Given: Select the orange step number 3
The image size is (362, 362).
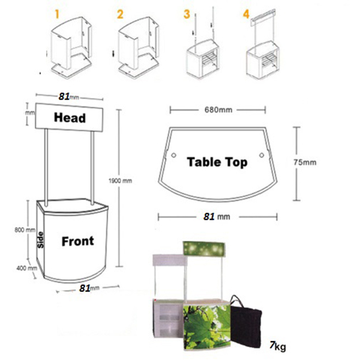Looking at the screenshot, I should [187, 12].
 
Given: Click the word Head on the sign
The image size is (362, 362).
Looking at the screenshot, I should [69, 118].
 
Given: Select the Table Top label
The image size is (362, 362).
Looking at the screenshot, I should [217, 162].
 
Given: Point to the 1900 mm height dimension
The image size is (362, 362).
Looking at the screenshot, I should [120, 181].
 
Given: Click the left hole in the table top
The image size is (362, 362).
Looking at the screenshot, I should [173, 155].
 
